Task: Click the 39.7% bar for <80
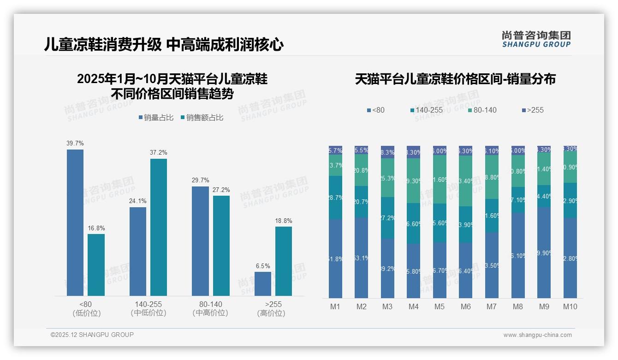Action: (x=75, y=222)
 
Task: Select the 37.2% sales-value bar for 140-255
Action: (x=159, y=227)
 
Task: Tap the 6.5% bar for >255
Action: (x=263, y=284)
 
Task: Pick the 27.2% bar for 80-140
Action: (x=221, y=246)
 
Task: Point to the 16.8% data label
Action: (x=96, y=228)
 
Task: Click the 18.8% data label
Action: (x=284, y=221)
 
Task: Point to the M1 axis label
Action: (x=335, y=306)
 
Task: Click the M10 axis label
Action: (x=570, y=306)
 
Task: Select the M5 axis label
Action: (x=440, y=306)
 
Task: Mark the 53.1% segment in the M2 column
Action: (x=362, y=258)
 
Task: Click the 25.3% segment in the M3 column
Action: (x=387, y=178)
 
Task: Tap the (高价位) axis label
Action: (x=271, y=313)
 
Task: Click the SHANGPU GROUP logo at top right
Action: (x=536, y=39)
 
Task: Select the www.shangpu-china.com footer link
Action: (x=537, y=335)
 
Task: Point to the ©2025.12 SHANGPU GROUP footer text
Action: (x=92, y=335)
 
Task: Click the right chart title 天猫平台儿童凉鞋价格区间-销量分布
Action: (x=455, y=79)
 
